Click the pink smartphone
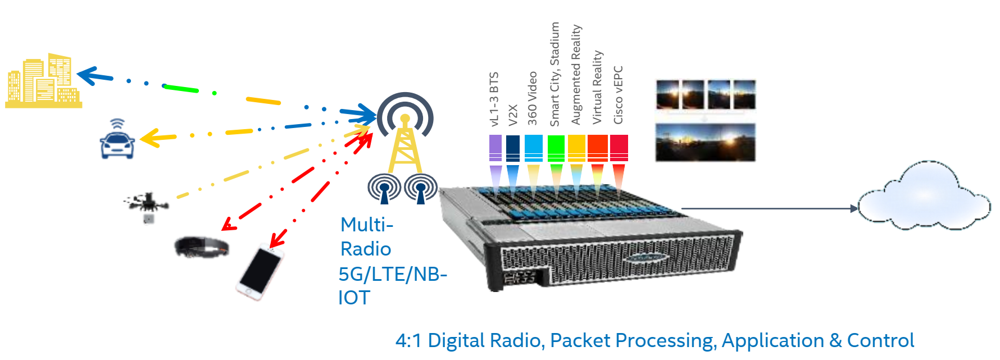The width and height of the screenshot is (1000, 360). (260, 272)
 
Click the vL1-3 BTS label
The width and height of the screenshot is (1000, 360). (494, 99)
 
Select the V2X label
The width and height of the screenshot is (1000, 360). (513, 115)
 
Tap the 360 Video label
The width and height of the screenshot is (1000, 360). (533, 98)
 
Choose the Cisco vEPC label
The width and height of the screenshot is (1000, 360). (618, 95)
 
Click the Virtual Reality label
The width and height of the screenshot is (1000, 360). (597, 87)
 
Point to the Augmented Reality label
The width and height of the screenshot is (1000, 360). (576, 75)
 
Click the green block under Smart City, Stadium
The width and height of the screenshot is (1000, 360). (556, 148)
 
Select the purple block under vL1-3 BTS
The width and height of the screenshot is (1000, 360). (496, 148)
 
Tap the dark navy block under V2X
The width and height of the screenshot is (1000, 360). (513, 148)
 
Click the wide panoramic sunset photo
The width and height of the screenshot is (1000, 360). (706, 143)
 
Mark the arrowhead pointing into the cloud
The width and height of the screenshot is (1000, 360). (854, 208)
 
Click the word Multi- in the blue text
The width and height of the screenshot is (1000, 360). (367, 225)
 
